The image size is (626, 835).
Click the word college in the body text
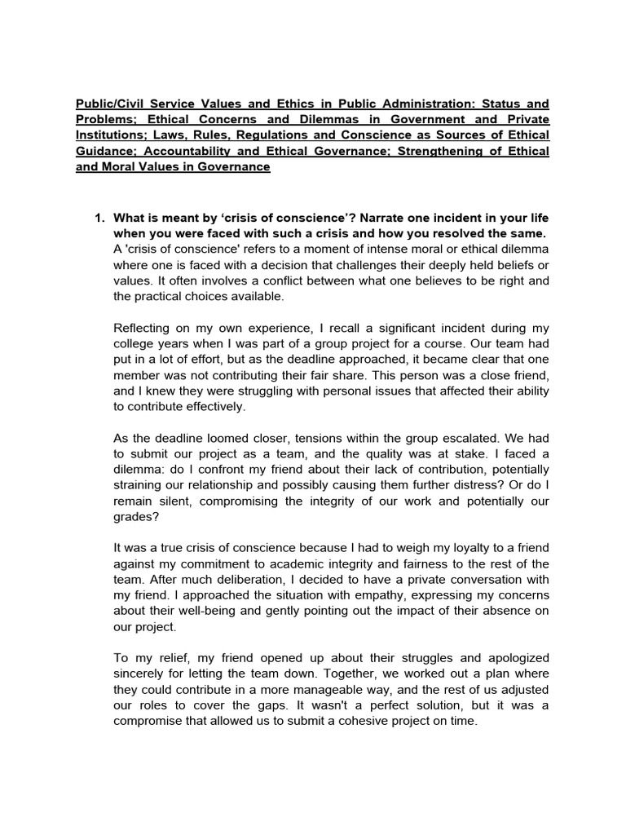[x=134, y=342]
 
